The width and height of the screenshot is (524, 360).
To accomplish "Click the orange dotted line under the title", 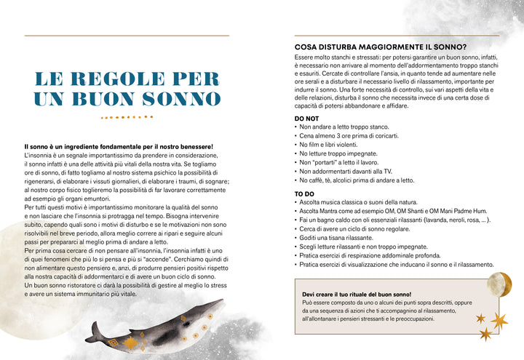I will (x=127, y=116).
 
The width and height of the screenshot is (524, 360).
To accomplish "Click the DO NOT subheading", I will (x=306, y=117).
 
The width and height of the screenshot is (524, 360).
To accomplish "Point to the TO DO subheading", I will (x=304, y=193).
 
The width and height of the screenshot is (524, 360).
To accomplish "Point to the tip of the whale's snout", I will (x=86, y=340).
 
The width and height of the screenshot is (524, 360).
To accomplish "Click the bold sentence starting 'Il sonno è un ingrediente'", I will (x=119, y=147).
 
